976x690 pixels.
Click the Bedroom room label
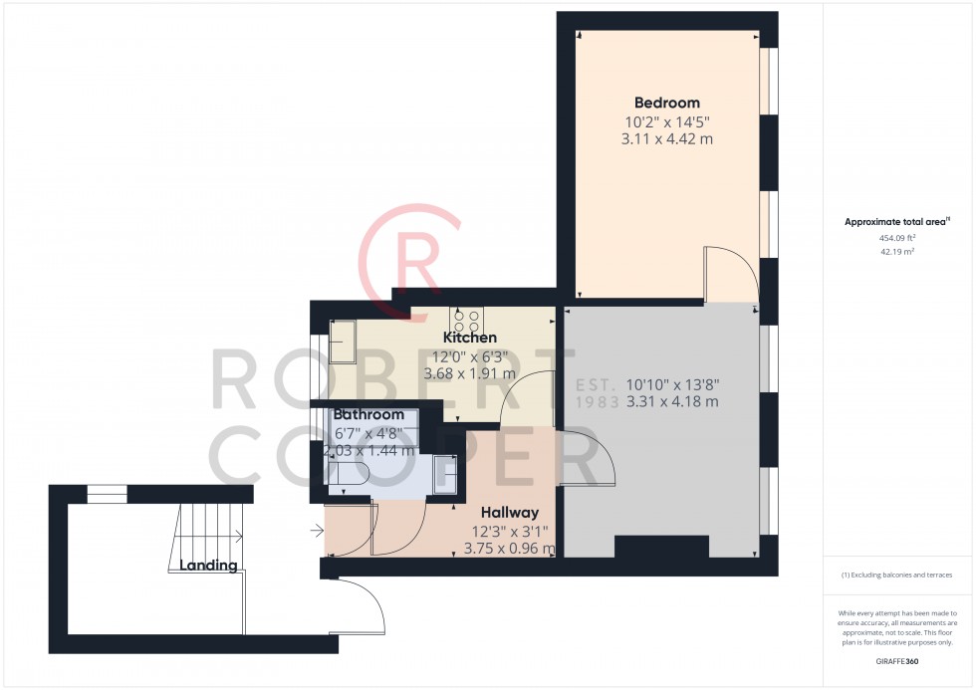click(x=666, y=104)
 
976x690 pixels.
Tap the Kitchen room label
click(x=470, y=338)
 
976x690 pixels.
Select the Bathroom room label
click(x=368, y=415)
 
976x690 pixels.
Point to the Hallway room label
click(x=510, y=513)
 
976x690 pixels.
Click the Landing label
click(x=208, y=566)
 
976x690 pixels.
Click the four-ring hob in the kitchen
click(x=467, y=321)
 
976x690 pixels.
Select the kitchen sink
click(x=343, y=342)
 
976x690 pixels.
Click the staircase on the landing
click(x=206, y=538)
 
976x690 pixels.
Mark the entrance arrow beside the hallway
click(x=317, y=531)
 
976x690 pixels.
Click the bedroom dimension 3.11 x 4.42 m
click(x=666, y=139)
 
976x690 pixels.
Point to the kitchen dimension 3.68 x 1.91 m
click(x=469, y=374)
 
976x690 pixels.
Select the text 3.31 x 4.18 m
click(x=672, y=402)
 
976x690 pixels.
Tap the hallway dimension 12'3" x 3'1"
click(x=510, y=532)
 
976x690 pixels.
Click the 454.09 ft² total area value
click(x=897, y=238)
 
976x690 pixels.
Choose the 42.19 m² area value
click(x=897, y=252)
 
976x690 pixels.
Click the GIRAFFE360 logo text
click(x=897, y=661)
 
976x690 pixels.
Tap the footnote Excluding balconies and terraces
click(x=897, y=575)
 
